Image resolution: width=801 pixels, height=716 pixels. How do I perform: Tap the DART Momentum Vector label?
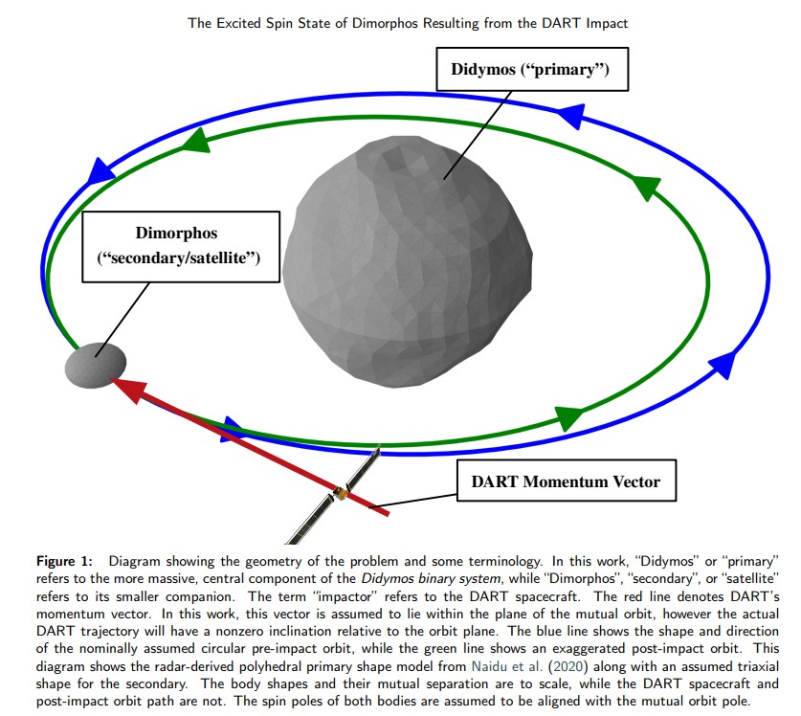pyautogui.click(x=566, y=481)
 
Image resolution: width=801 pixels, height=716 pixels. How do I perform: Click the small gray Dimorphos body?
pyautogui.click(x=95, y=363)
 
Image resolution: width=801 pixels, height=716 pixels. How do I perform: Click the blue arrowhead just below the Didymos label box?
pyautogui.click(x=571, y=116)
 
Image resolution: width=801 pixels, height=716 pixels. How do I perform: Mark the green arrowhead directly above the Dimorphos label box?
pyautogui.click(x=195, y=142)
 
